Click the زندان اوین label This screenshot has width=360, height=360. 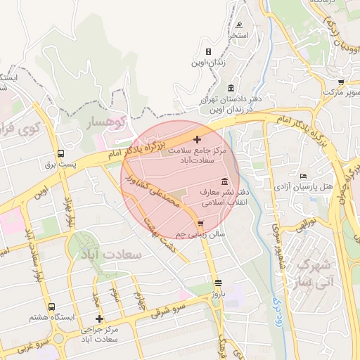tap(208, 63)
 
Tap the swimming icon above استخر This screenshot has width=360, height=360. tap(240, 25)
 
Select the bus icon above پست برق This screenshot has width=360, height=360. tap(61, 153)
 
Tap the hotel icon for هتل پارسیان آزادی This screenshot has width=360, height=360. tap(303, 176)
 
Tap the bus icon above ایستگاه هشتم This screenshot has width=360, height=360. tap(51, 307)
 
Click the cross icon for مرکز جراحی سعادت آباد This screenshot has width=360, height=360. tap(99, 319)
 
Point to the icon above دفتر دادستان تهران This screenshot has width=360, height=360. tap(231, 88)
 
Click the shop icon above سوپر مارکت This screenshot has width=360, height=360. tap(341, 82)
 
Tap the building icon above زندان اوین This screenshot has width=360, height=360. tap(208, 51)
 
